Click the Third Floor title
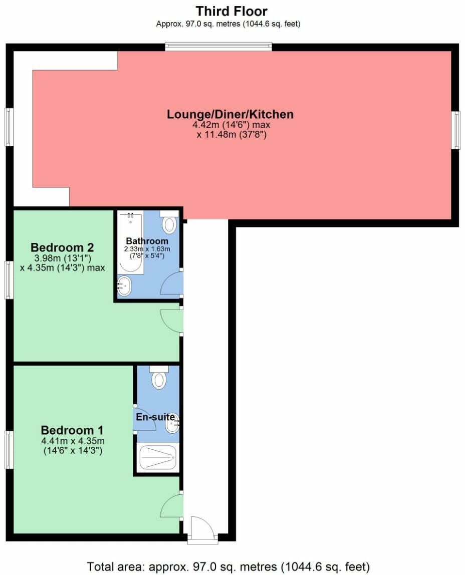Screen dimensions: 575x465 point(231,11)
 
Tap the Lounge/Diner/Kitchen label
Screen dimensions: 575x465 point(230,114)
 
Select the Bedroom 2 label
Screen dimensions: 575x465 point(62,247)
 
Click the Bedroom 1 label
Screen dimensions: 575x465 point(72,430)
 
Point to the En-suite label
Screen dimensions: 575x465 point(155,417)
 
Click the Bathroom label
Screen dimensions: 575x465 point(147,241)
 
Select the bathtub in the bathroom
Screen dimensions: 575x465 point(131,242)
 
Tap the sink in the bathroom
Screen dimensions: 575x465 point(124,286)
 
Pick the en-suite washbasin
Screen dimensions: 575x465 point(172,425)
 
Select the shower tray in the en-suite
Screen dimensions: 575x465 point(158,458)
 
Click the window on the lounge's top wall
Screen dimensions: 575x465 point(218,47)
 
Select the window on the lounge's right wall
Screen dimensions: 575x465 point(455,130)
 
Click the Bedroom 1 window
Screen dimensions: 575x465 point(9,449)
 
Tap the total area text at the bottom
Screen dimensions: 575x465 point(228,566)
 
